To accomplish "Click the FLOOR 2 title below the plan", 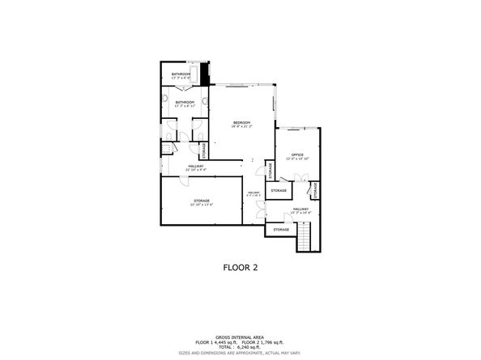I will [240, 266].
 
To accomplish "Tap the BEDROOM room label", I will [241, 124].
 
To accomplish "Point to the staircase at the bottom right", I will [305, 238].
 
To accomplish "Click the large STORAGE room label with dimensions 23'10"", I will [201, 202].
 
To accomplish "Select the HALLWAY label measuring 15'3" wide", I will [300, 210].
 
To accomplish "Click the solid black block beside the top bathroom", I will [207, 74].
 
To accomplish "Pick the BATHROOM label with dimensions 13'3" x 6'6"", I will [181, 75].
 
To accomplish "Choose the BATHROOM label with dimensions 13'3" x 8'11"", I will [185, 104].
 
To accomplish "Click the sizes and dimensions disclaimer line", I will [240, 353].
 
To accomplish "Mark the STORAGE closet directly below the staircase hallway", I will [281, 230].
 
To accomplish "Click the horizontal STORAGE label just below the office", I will [279, 190].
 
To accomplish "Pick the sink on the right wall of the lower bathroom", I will [206, 102].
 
